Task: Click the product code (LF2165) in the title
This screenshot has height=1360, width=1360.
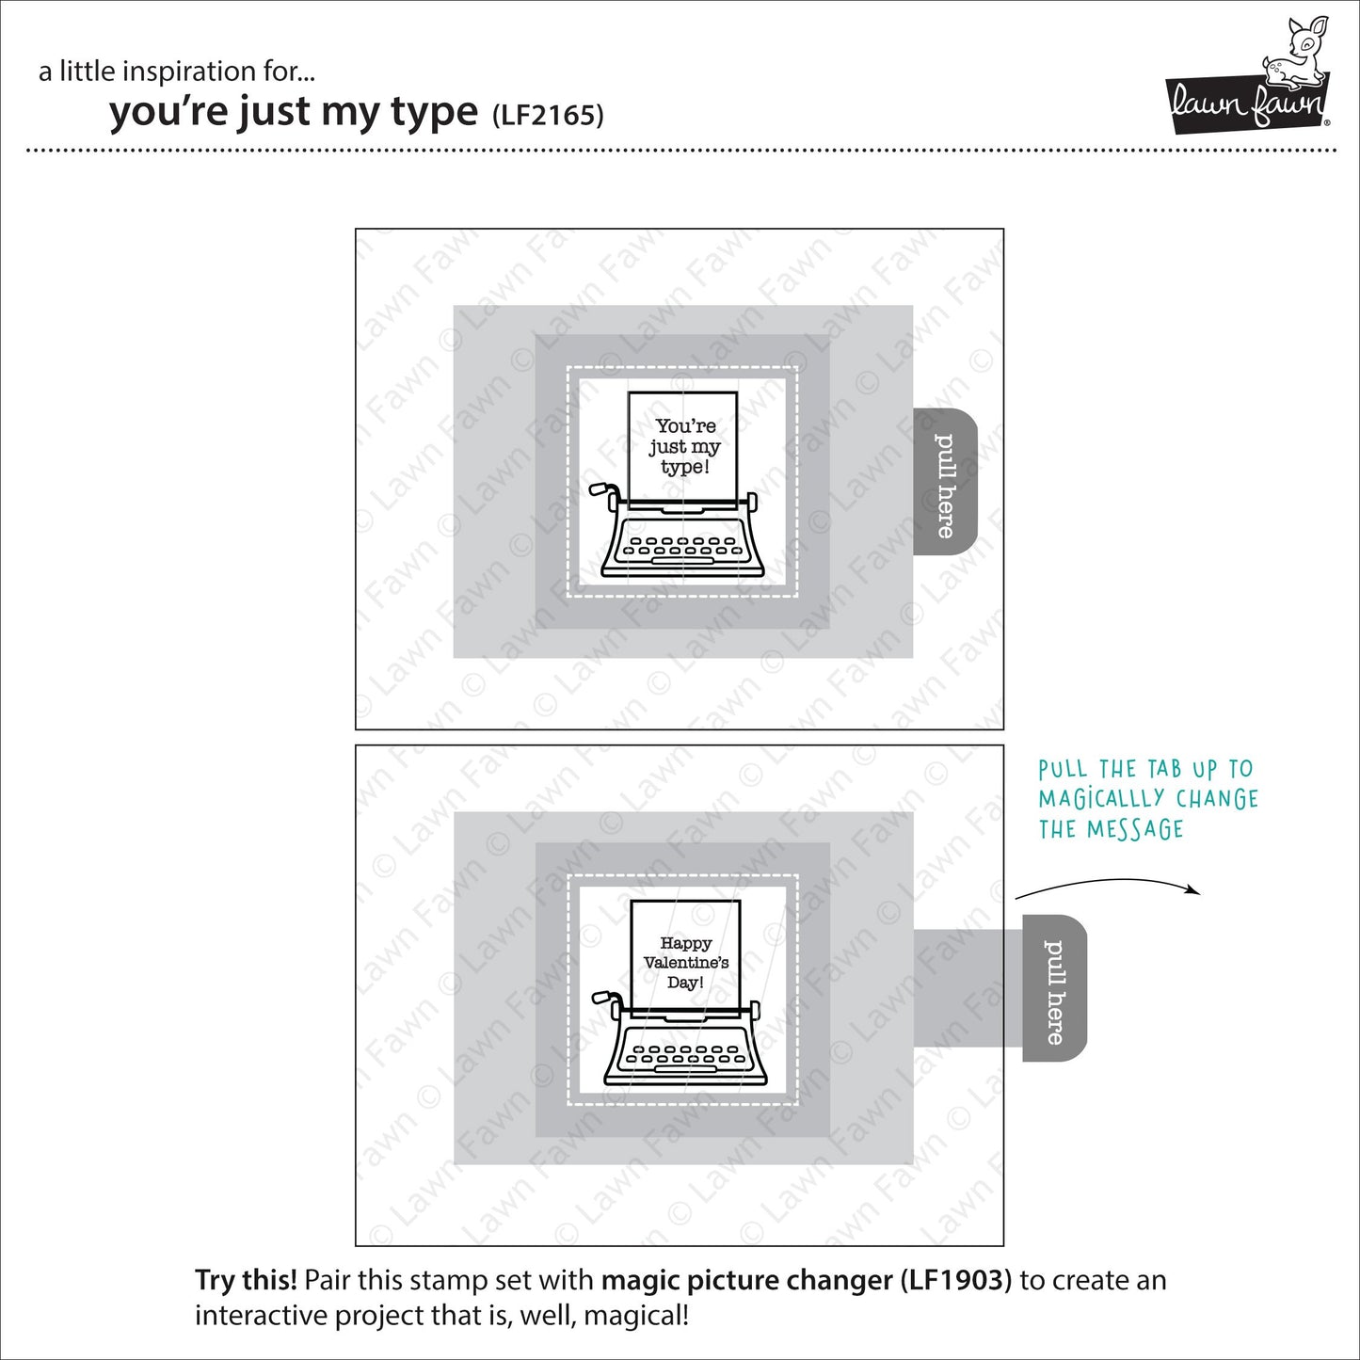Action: pyautogui.click(x=548, y=114)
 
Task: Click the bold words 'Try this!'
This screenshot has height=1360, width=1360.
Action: pyautogui.click(x=247, y=1280)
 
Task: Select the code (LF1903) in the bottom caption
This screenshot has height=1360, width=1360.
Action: pyautogui.click(x=956, y=1281)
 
